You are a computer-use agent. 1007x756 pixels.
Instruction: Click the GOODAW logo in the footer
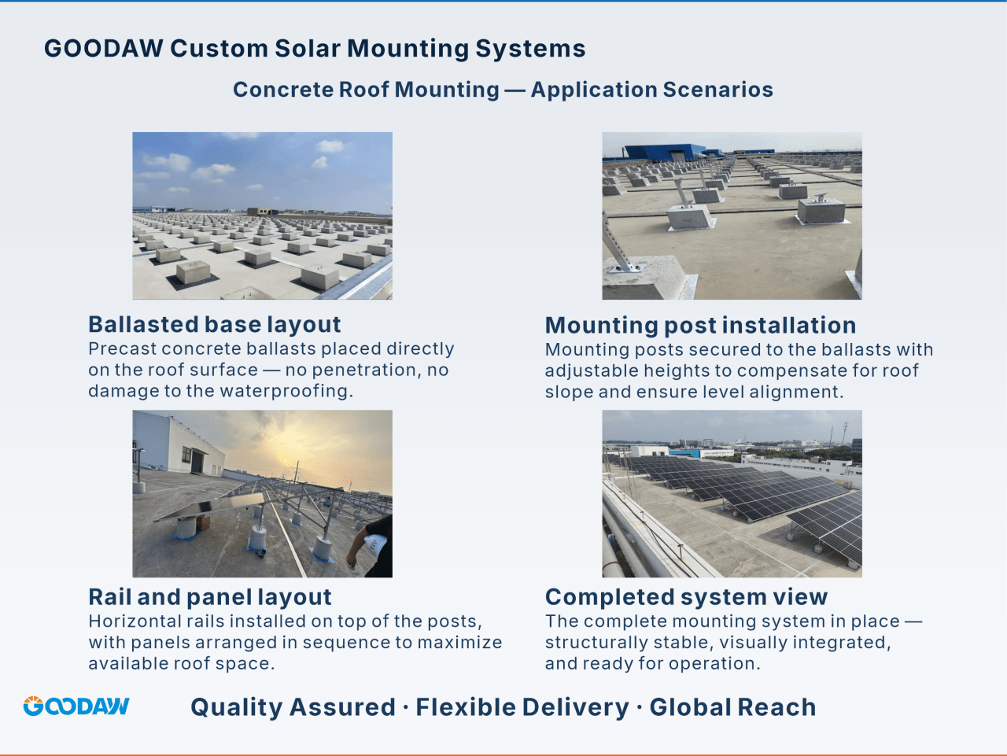point(76,706)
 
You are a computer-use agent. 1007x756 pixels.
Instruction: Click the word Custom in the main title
point(219,48)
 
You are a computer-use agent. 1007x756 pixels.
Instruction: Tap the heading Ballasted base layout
point(214,324)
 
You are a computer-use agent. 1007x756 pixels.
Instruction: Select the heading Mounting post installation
point(700,325)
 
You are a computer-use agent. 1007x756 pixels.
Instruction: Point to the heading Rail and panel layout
point(209,597)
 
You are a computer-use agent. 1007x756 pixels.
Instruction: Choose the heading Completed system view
point(686,597)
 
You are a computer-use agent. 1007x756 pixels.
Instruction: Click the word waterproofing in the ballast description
point(286,391)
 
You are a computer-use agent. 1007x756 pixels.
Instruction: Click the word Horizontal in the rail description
point(134,621)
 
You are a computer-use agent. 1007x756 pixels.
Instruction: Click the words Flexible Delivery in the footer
point(522,707)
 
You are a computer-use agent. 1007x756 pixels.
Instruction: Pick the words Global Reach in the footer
point(732,707)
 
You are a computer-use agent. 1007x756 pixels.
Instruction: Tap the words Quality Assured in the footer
point(293,707)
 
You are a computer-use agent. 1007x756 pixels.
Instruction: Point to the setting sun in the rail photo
point(286,460)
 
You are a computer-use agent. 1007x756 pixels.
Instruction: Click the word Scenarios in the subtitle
point(718,90)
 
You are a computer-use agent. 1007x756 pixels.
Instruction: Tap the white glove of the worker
point(374,544)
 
